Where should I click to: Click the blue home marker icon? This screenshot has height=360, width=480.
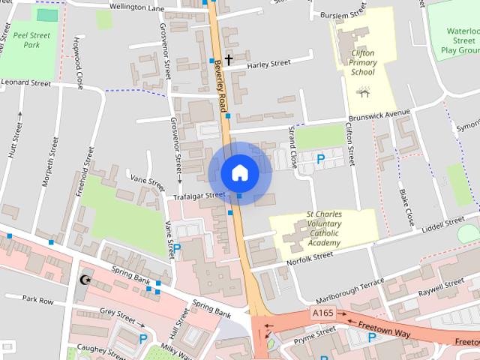[239, 172]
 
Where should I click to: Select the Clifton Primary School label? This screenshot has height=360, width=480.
[362, 63]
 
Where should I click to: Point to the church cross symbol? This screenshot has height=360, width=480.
[228, 58]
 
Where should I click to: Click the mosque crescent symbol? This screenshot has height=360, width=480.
[84, 280]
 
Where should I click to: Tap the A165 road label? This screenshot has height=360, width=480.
[322, 311]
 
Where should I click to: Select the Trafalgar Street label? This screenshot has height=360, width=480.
[199, 196]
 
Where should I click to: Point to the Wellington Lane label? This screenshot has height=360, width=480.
[136, 8]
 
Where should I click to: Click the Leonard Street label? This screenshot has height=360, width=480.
[25, 83]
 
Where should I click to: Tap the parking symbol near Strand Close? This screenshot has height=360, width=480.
[321, 159]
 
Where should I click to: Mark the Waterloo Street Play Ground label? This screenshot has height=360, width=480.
[460, 41]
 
